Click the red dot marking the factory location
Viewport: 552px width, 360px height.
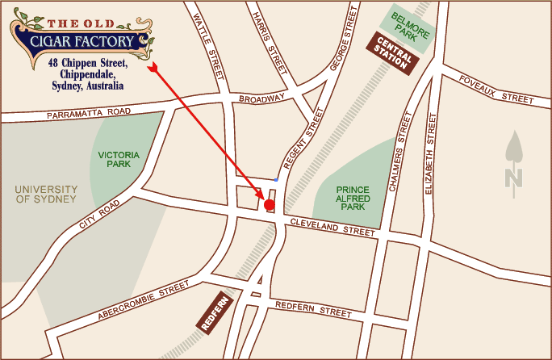pos(270,205)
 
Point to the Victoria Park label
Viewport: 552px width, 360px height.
pos(119,158)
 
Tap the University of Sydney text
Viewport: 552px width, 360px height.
pos(45,194)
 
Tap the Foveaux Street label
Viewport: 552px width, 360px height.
pos(496,87)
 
